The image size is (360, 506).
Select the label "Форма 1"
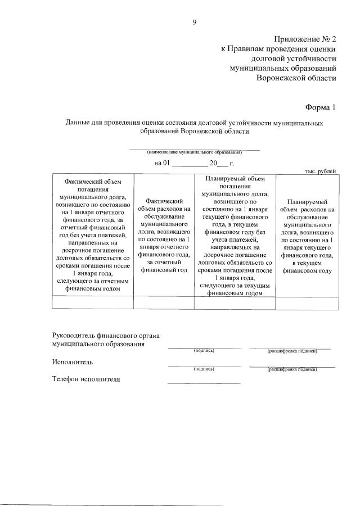coord(321,107)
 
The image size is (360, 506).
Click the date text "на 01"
coord(161,163)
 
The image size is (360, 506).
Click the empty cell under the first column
coord(92,302)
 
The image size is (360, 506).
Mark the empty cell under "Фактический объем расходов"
coord(163,302)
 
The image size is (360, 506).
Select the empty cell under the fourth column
coord(307,302)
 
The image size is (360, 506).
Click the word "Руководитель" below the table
coord(76,336)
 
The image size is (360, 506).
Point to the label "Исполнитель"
coord(73,362)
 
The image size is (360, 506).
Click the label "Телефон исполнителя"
coord(86,379)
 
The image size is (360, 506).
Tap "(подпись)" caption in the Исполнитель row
coord(204,369)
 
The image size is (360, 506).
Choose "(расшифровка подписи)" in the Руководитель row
coord(292,351)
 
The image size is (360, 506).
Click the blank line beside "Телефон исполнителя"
coord(204,382)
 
